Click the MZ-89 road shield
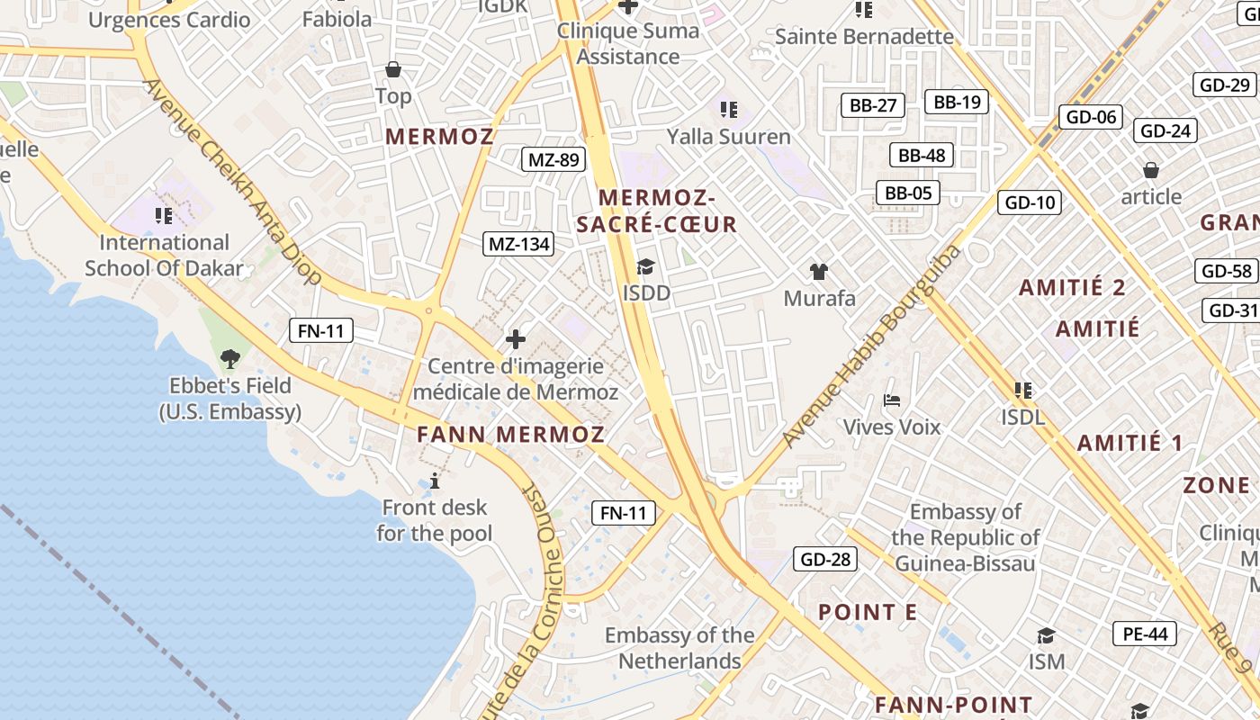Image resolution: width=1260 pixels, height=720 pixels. (x=553, y=160)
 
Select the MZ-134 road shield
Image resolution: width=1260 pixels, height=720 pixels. (x=518, y=244)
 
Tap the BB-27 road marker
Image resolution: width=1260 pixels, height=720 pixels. (x=872, y=105)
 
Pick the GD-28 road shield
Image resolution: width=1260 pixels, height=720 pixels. (x=825, y=559)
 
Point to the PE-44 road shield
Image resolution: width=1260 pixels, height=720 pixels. (x=1145, y=634)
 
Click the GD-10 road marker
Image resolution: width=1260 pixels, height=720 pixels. (x=1030, y=202)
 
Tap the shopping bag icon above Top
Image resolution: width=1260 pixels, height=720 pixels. (x=393, y=69)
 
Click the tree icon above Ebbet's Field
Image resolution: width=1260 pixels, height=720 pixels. (x=230, y=359)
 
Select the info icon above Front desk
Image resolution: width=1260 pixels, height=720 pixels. (x=435, y=481)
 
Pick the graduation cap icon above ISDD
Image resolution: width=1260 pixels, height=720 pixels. (x=645, y=266)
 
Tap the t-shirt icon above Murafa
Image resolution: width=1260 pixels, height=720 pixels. (x=818, y=271)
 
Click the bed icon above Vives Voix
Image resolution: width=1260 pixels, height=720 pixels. (x=891, y=400)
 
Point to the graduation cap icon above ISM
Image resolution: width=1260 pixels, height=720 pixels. (x=1046, y=636)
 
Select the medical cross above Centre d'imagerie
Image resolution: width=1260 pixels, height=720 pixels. (x=515, y=339)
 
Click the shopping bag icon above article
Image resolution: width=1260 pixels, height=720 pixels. (x=1150, y=170)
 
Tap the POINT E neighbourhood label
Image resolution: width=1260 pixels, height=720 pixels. (x=868, y=613)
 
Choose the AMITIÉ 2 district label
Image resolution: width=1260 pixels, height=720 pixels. (x=1072, y=288)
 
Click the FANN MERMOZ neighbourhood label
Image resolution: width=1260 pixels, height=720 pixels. (x=510, y=435)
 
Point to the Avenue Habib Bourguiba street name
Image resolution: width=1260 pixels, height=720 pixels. (x=870, y=346)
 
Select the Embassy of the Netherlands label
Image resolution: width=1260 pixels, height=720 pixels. (x=679, y=648)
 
